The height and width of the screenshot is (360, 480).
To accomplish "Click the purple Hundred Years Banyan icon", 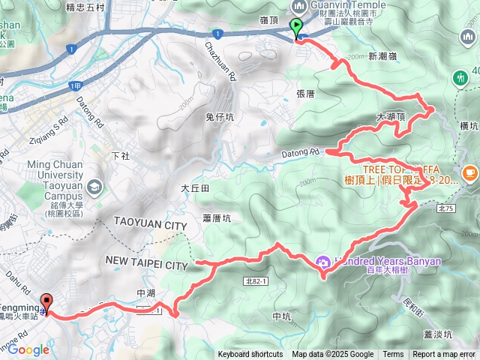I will coord(323,262).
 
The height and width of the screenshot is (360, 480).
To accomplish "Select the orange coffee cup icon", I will coord(469,172).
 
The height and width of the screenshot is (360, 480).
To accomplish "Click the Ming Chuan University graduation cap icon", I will coord(94,186).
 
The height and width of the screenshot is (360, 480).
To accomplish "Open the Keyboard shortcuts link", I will coord(250,355).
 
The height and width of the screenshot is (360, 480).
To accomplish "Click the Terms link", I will coord(393,355).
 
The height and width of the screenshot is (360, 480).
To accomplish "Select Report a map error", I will coord(443,355).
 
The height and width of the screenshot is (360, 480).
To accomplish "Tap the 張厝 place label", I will coord(306,94).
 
